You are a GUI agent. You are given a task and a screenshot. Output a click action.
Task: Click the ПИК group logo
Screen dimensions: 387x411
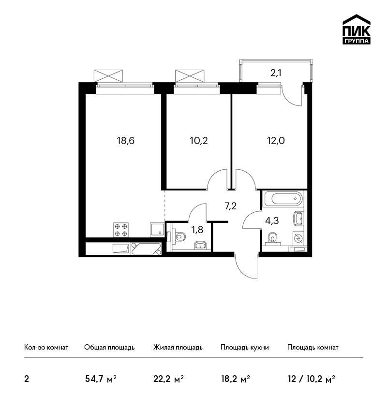point(357,29)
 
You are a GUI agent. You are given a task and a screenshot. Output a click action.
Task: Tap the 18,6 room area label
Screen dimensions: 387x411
point(126,141)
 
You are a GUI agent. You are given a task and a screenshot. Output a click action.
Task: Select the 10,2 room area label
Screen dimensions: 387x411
point(199,141)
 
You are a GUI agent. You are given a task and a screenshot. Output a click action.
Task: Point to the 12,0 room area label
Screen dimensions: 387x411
point(276,141)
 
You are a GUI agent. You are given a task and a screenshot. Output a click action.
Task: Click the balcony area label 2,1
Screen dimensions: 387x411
point(276,73)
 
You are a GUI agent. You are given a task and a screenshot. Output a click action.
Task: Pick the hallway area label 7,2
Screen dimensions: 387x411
point(230,206)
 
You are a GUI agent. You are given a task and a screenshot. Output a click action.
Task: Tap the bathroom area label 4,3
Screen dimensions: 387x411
point(272,220)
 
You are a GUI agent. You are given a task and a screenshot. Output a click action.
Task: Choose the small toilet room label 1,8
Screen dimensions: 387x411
point(197,230)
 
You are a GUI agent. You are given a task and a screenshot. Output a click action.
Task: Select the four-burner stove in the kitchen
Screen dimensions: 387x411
point(121,230)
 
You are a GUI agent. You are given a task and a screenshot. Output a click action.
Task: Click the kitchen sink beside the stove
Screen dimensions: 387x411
point(157,230)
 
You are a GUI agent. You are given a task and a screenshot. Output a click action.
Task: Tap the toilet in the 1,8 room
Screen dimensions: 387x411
point(179,237)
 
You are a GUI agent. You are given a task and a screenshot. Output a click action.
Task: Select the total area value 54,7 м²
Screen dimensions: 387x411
point(101,379)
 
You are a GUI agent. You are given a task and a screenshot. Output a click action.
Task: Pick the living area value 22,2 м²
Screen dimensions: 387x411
point(168,379)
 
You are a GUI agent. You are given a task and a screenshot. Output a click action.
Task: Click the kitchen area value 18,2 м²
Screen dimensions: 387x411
point(235,379)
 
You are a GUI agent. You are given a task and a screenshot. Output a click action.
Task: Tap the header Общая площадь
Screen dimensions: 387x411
point(109,348)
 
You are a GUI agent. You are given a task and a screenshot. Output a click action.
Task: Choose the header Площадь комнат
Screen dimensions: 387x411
point(313,348)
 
